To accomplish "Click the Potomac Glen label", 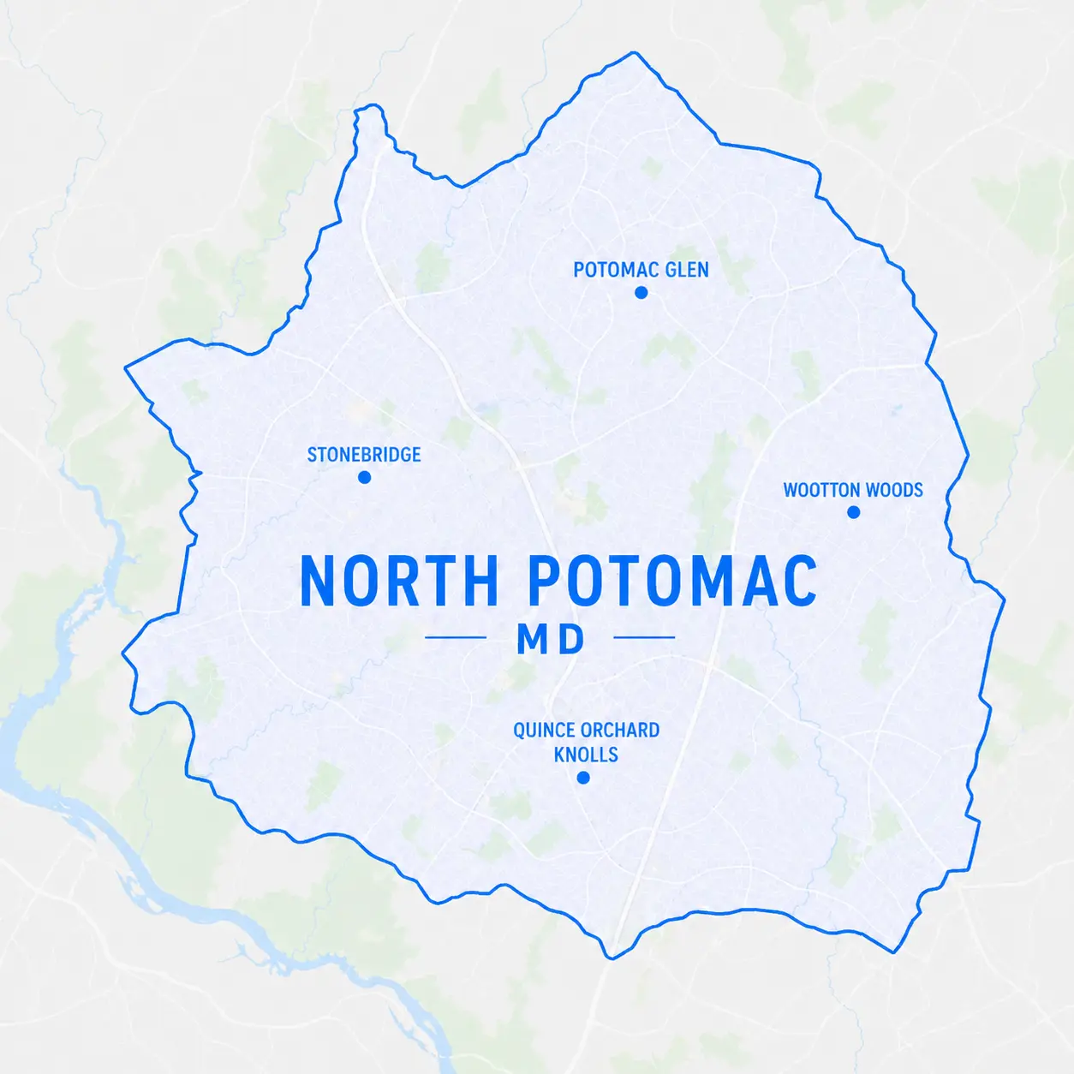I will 641,270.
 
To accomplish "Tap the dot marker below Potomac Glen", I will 641,293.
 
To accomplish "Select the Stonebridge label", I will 364,455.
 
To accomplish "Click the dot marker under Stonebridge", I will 364,477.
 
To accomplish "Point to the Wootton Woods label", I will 853,490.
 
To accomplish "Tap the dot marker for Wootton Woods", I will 853,512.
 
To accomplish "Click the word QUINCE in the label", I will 544,731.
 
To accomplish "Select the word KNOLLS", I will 586,755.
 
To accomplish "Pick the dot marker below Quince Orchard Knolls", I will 583,778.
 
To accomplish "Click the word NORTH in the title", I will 398,582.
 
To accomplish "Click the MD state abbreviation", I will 551,639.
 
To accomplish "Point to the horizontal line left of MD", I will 456,637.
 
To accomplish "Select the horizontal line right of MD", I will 644,637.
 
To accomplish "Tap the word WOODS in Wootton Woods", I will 895,490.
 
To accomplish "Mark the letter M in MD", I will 532,639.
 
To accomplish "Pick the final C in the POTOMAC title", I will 797,582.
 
